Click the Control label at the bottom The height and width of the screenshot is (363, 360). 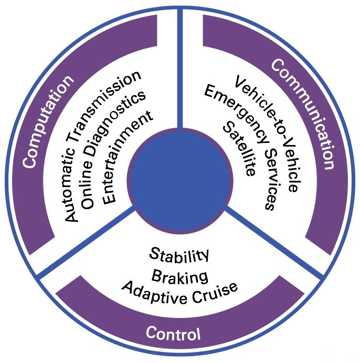tap(173, 333)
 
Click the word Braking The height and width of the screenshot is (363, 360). tap(179, 275)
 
